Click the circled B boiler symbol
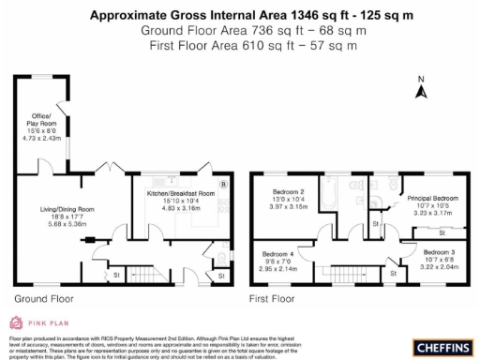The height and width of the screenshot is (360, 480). pos(223,185)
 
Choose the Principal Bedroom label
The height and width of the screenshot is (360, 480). pos(432,199)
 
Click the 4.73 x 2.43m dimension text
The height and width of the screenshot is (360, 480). pos(41,138)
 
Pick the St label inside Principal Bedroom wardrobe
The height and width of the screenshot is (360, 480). pos(442,231)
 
